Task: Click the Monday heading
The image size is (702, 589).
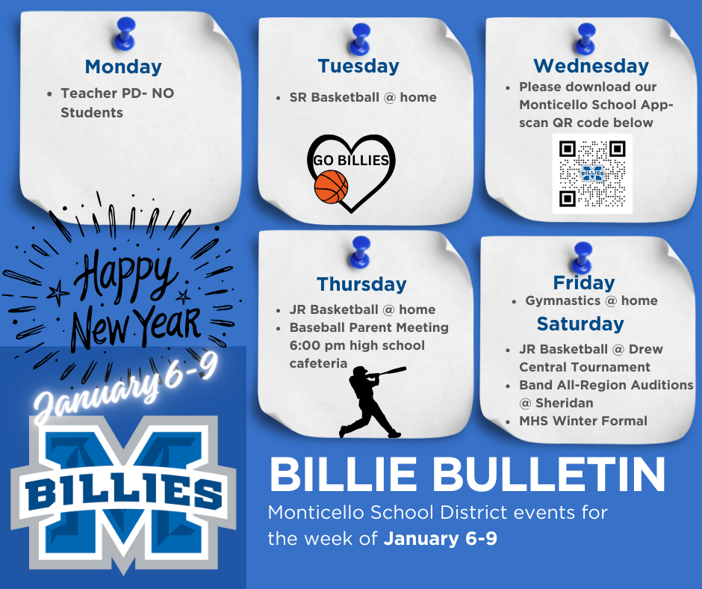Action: pos(123,67)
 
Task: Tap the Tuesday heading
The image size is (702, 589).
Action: pos(358,66)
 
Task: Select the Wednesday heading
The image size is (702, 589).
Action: pos(591,66)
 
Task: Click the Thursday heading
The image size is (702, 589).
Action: pos(361,284)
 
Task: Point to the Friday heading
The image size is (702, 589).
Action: pos(584,283)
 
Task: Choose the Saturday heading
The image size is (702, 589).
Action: pos(580,324)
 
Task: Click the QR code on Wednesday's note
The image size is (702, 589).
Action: pos(591,173)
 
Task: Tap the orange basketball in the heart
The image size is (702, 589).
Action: pos(332,187)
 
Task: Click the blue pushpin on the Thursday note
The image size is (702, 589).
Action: pos(361,250)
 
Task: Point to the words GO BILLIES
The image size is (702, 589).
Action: pos(351,161)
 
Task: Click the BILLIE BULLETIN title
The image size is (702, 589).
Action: pos(467,475)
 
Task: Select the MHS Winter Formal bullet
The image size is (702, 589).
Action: pos(583,421)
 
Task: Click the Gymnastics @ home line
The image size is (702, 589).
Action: pos(591,300)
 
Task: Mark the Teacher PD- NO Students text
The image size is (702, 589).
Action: pos(117,103)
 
